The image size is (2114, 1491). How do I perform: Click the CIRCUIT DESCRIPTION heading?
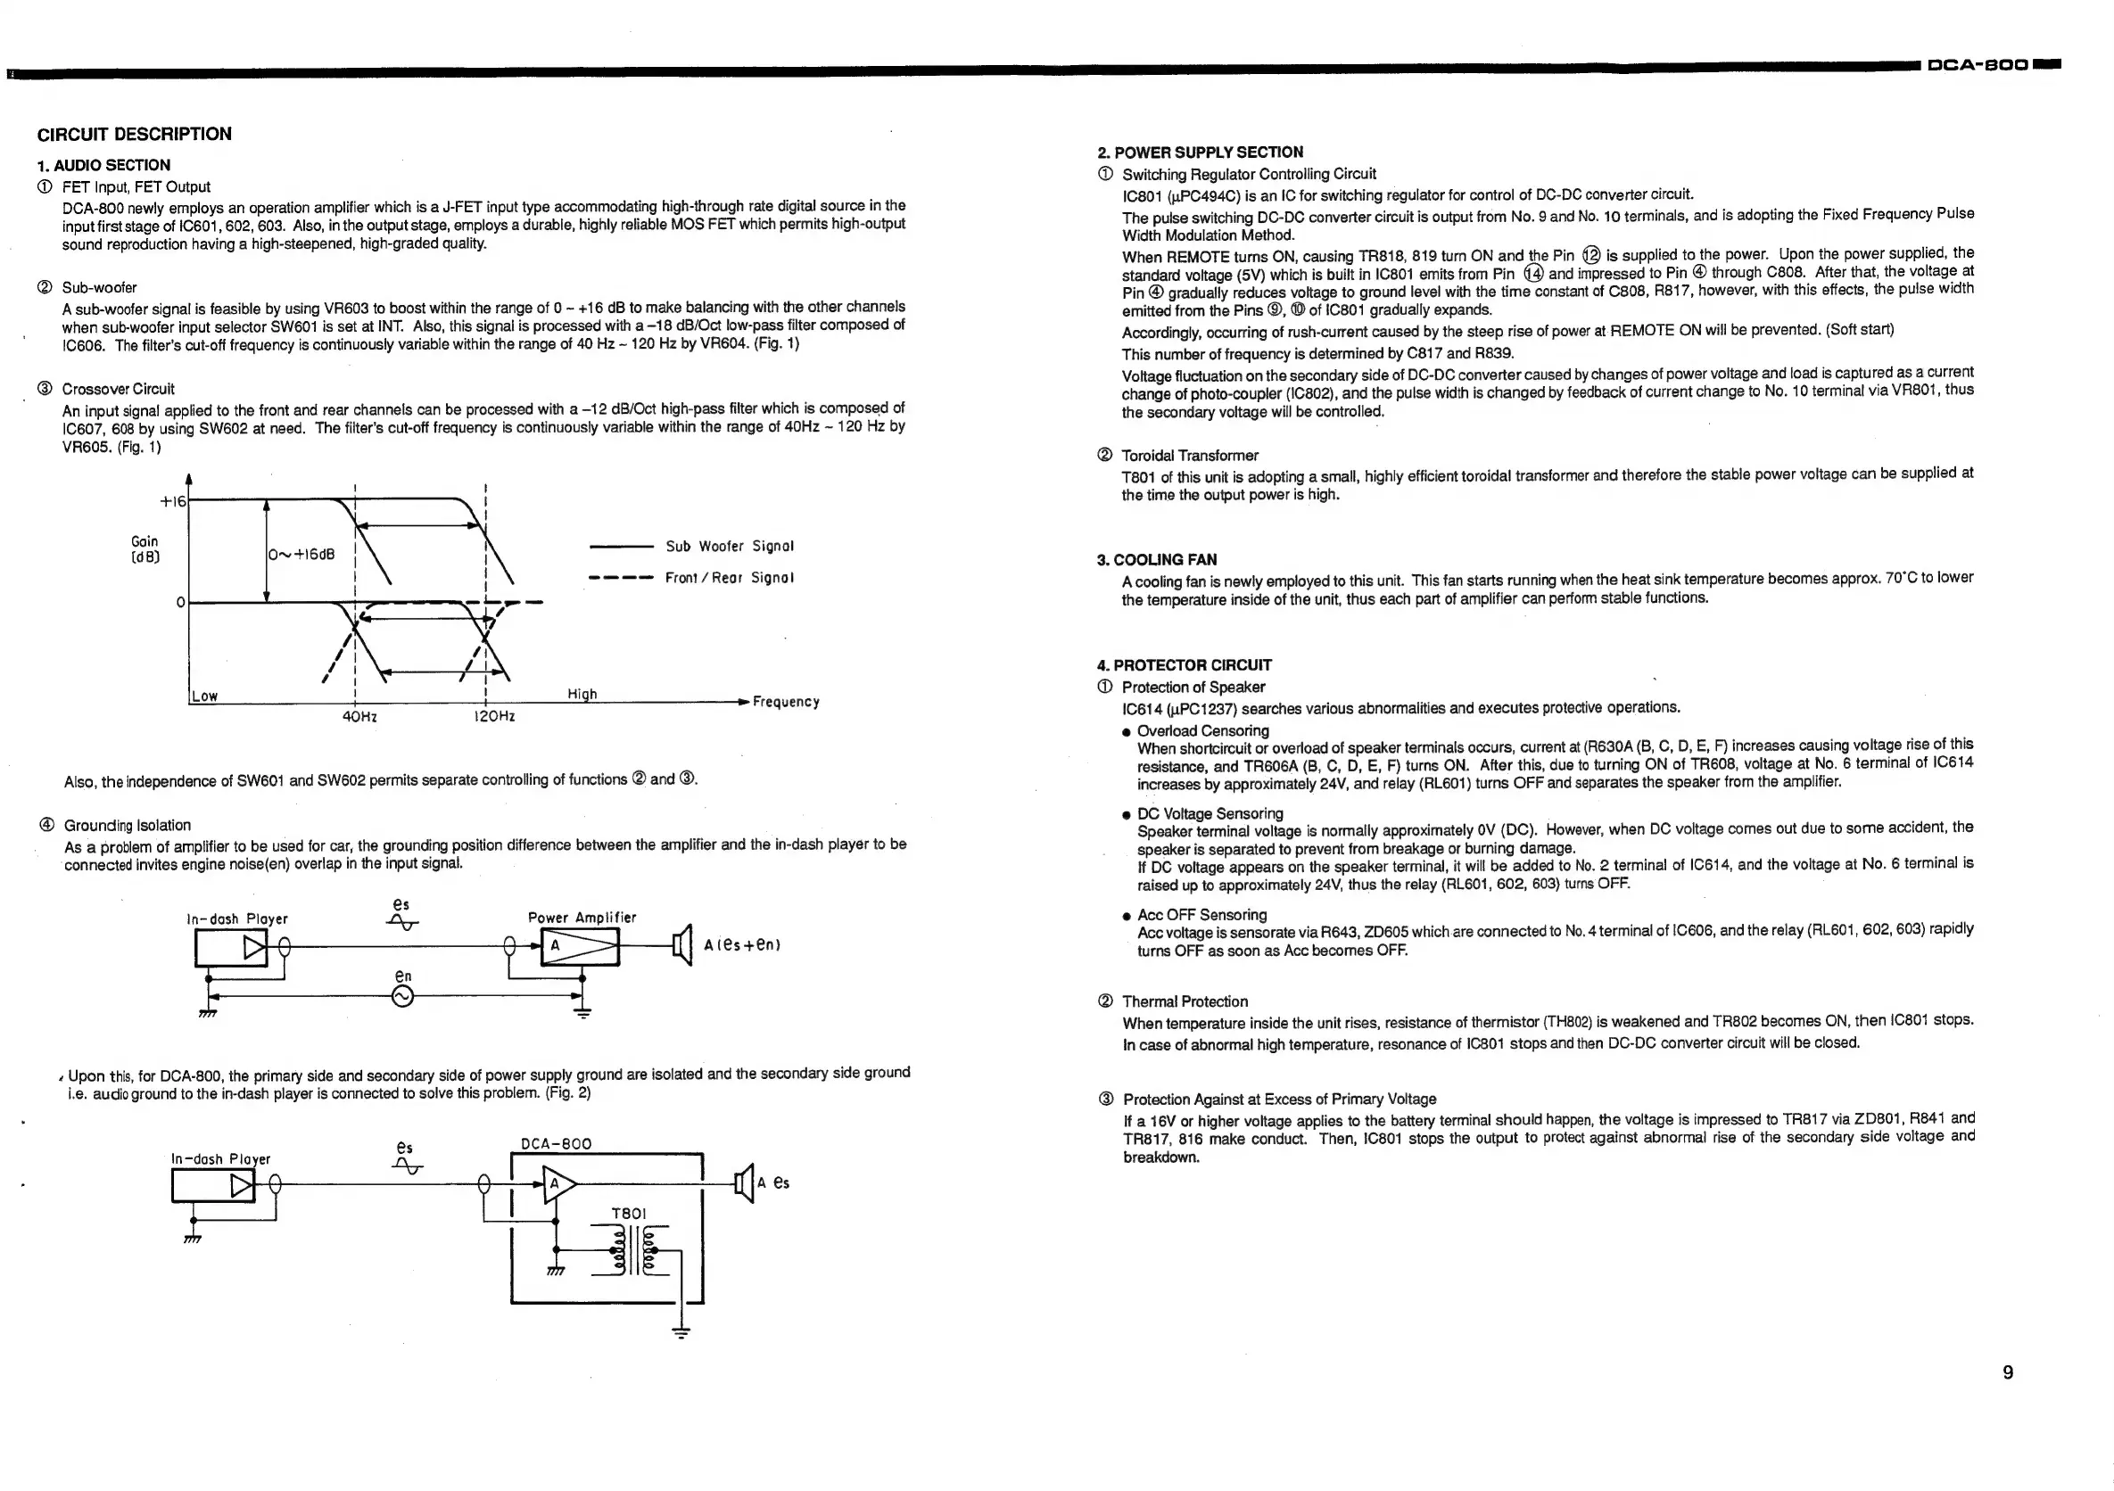click(x=135, y=135)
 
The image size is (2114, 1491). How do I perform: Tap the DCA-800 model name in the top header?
click(x=1977, y=64)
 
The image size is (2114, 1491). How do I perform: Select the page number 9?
click(x=2008, y=1372)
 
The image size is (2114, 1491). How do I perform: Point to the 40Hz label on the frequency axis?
click(x=359, y=717)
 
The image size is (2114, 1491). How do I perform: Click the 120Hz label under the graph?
click(x=493, y=717)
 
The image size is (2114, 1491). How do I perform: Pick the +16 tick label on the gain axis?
click(x=172, y=501)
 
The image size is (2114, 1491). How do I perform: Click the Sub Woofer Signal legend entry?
click(x=730, y=547)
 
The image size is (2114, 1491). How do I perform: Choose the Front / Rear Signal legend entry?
click(x=730, y=578)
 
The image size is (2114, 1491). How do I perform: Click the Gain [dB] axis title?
click(x=145, y=549)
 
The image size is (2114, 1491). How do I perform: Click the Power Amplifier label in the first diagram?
click(x=582, y=918)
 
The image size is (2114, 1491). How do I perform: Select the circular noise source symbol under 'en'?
click(x=403, y=996)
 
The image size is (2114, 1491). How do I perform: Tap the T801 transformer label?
click(x=629, y=1214)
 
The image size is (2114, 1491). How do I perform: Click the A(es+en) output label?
click(x=742, y=945)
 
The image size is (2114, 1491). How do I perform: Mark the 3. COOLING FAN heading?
click(x=1156, y=560)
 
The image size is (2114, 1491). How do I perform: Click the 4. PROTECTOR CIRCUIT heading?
click(x=1184, y=665)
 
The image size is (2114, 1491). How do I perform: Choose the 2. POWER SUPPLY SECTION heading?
click(x=1200, y=152)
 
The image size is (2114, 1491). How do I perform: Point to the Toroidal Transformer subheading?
click(x=1190, y=456)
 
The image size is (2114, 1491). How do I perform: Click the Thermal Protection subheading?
click(x=1185, y=1001)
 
